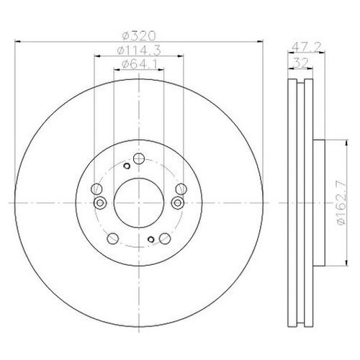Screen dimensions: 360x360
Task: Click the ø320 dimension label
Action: click(x=139, y=34)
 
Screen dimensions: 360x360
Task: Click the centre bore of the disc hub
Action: click(x=138, y=203)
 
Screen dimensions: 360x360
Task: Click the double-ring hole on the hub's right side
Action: click(x=175, y=202)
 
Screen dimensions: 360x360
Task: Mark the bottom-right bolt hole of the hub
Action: click(x=164, y=240)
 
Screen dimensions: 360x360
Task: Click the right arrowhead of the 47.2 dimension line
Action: click(x=320, y=52)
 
